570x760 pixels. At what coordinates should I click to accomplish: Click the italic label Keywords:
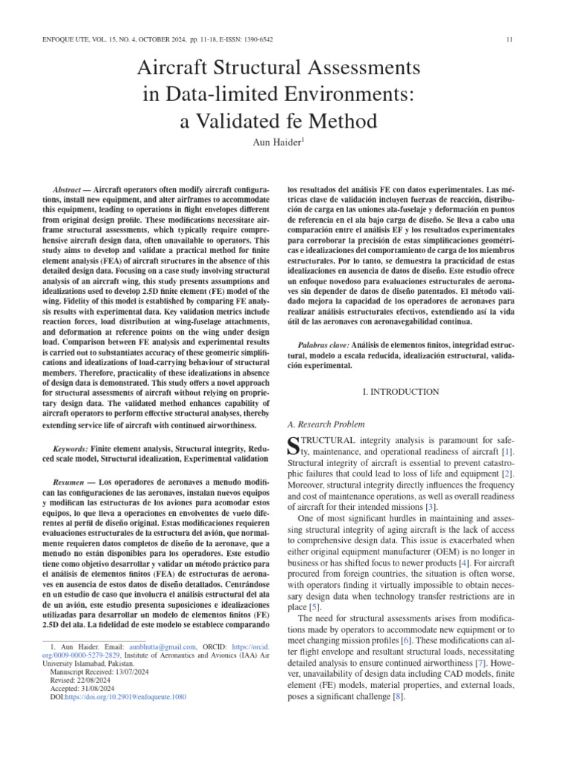coord(72,450)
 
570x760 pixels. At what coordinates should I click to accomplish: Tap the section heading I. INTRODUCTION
coord(400,391)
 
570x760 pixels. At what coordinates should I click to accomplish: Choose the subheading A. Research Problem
coord(325,424)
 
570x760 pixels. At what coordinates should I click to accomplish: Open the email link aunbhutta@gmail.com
coord(164,648)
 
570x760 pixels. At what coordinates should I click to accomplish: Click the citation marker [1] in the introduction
coord(506,451)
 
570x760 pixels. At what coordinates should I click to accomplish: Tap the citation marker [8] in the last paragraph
coord(396,697)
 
